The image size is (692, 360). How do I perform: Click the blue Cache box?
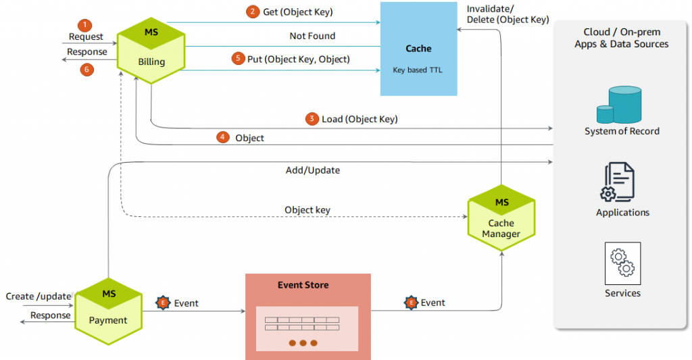[x=418, y=49]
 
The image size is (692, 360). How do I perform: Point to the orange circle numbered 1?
[x=84, y=25]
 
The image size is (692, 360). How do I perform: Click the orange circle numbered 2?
[x=252, y=11]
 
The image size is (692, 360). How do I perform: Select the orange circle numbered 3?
[x=312, y=119]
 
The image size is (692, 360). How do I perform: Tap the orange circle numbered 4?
[x=223, y=137]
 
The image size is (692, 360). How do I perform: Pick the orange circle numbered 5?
[x=237, y=59]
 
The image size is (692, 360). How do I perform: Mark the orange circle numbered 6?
[x=85, y=68]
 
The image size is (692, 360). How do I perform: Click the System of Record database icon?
[x=618, y=105]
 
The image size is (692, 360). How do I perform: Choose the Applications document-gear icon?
[x=618, y=182]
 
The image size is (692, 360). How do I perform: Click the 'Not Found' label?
[x=312, y=36]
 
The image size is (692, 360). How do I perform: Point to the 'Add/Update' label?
[x=313, y=170]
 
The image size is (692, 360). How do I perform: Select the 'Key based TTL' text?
[x=418, y=70]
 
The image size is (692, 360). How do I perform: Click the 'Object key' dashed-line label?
[x=307, y=209]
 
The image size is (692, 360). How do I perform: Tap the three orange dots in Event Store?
[x=303, y=343]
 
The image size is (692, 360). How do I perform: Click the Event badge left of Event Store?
[x=163, y=303]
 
